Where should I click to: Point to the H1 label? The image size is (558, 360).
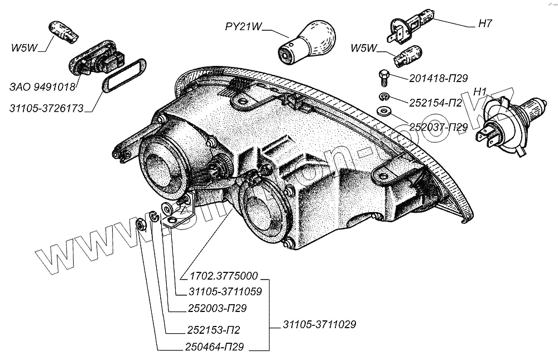pyautogui.click(x=480, y=91)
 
